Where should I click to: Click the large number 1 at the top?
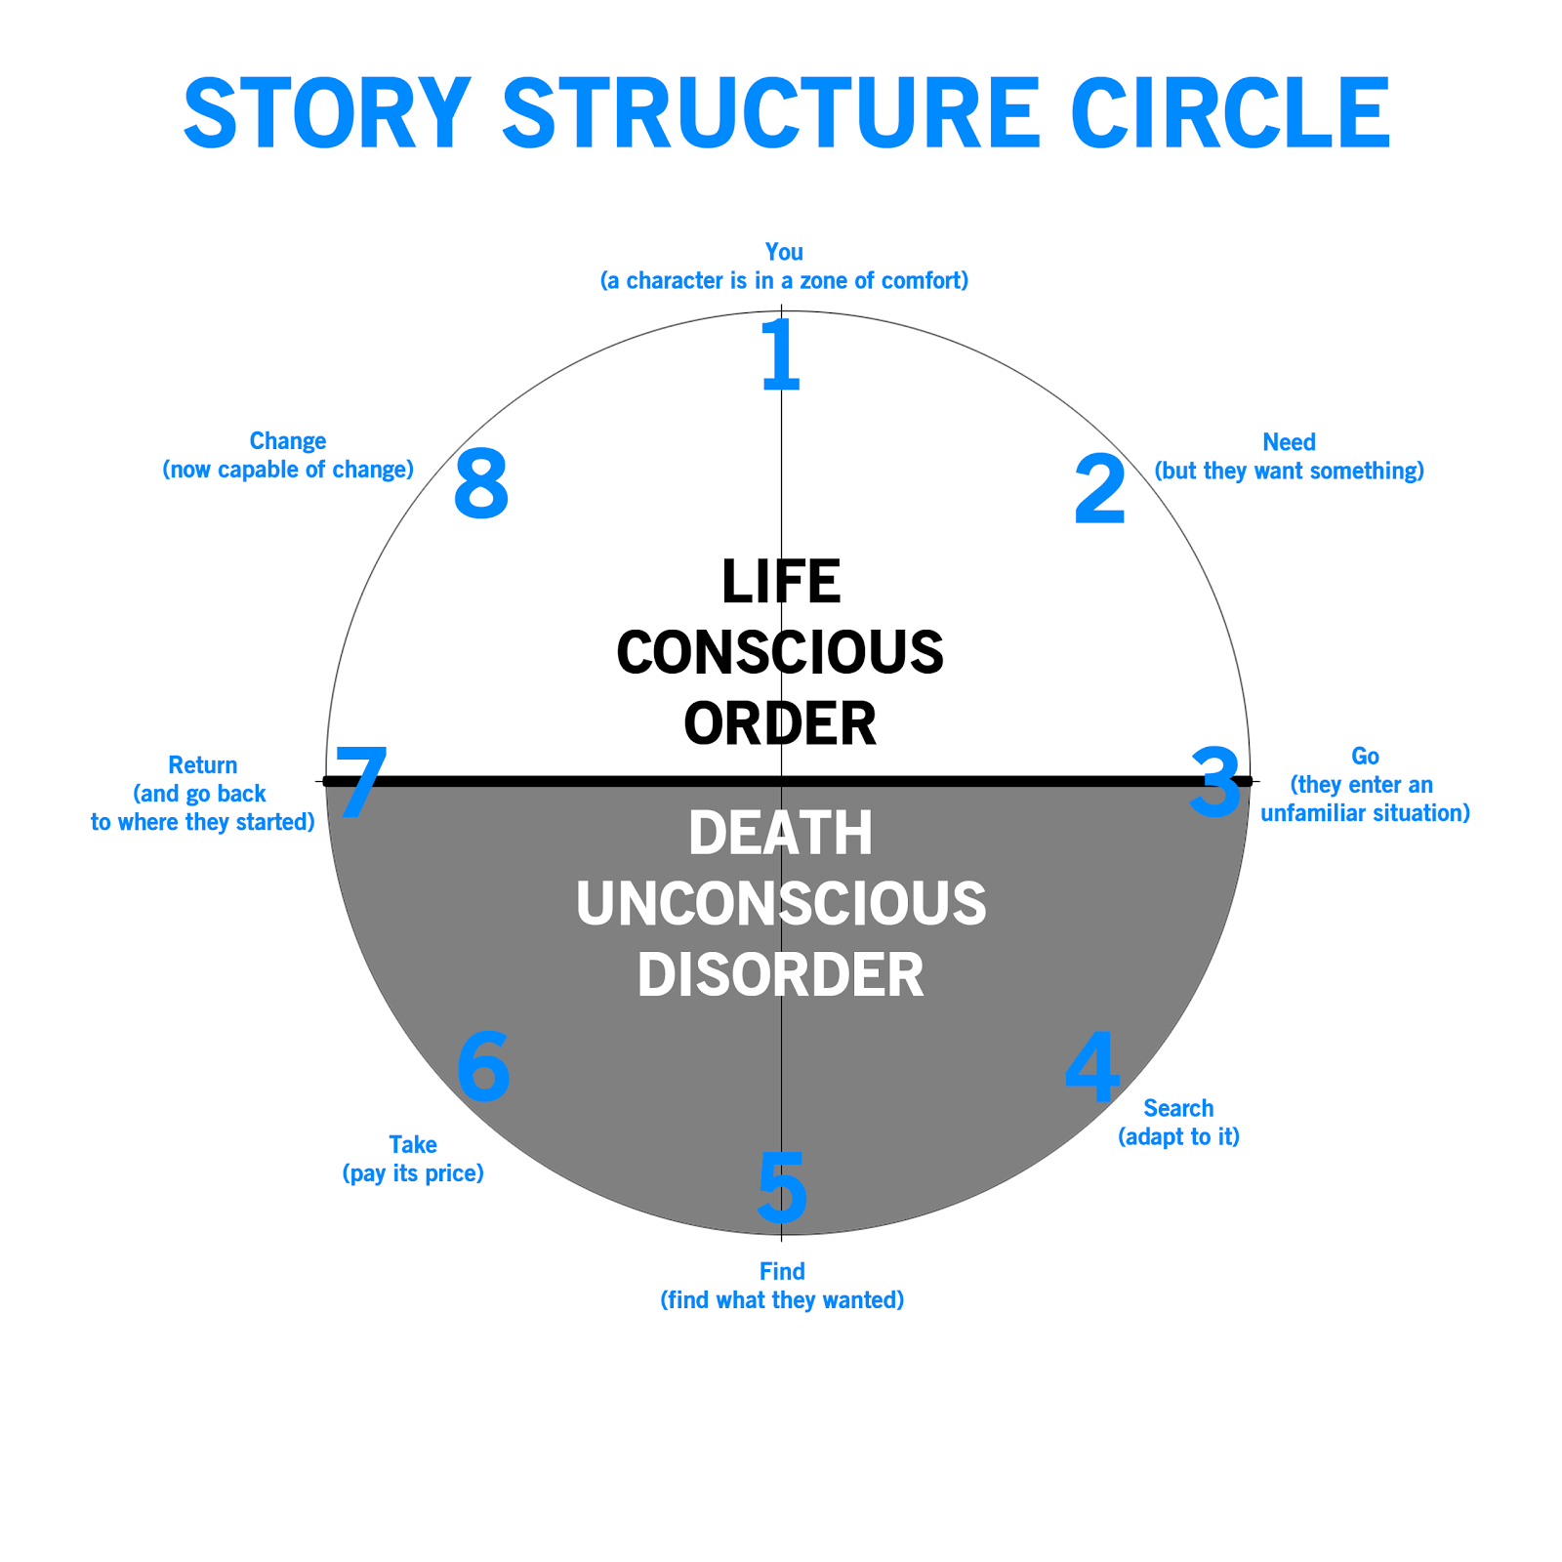coord(781,353)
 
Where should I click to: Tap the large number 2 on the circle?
coord(1099,490)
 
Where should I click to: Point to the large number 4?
coord(1091,1066)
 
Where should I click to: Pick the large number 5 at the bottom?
coord(782,1187)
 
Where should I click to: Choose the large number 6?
coord(483,1068)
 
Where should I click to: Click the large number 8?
coord(481,484)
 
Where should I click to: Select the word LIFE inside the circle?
coord(781,582)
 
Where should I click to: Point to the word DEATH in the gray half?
coord(781,834)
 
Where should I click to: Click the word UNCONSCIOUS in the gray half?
coord(781,904)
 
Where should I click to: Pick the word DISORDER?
coord(781,974)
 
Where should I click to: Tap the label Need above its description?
coord(1289,442)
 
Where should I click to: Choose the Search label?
coord(1178,1108)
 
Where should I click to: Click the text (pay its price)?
coord(413,1172)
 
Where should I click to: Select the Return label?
coord(203,765)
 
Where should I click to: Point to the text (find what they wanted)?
coord(782,1299)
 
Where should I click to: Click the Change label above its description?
coord(288,441)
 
